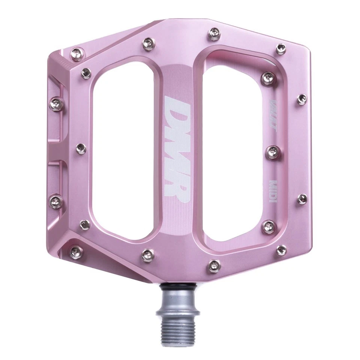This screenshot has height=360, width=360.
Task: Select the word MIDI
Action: pyautogui.click(x=273, y=191)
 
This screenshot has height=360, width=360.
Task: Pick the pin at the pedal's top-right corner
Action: pyautogui.click(x=280, y=48)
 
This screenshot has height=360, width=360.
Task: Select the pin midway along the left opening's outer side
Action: pyautogui.click(x=81, y=148)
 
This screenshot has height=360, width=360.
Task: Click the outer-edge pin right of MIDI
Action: pyautogui.click(x=302, y=199)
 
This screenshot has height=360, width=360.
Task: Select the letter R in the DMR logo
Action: pyautogui.click(x=176, y=189)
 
